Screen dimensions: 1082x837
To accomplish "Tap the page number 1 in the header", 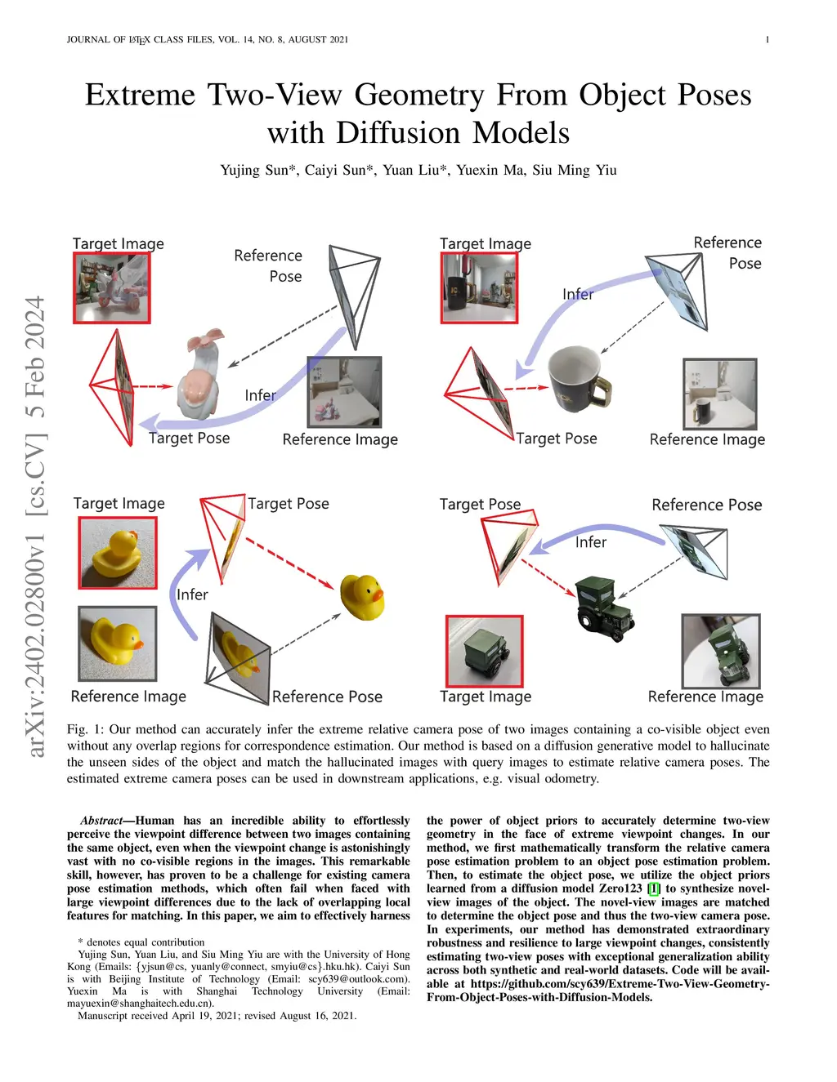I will point(767,39).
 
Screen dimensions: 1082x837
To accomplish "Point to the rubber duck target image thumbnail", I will point(118,553).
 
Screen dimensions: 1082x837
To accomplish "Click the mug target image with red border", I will point(479,287).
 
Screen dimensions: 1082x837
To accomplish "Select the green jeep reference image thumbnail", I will point(720,651).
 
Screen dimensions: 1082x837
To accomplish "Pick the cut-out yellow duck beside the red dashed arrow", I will point(362,596).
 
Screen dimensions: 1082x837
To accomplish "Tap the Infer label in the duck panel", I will point(192,594).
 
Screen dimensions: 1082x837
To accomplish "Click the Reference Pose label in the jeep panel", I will point(706,505).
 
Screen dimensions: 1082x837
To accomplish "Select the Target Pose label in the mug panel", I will point(557,439).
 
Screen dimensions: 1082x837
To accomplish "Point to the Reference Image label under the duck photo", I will point(128,697).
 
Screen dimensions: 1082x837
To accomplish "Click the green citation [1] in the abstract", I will point(653,888).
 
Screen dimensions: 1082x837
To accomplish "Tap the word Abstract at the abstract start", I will point(101,821).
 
